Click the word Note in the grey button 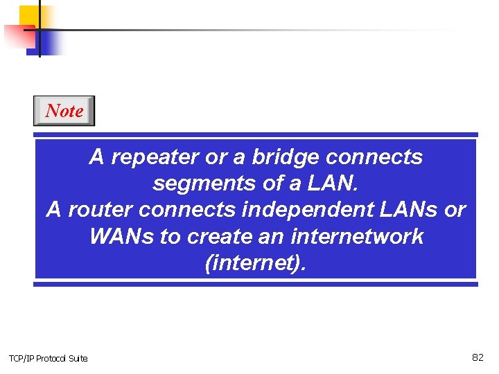pos(64,111)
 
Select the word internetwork pos(352,236)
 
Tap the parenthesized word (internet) pos(255,262)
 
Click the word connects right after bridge pos(374,158)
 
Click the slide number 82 pos(478,357)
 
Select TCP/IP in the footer pos(21,358)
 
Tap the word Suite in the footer pos(78,358)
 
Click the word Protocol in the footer pos(52,358)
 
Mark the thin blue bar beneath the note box pos(256,284)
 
